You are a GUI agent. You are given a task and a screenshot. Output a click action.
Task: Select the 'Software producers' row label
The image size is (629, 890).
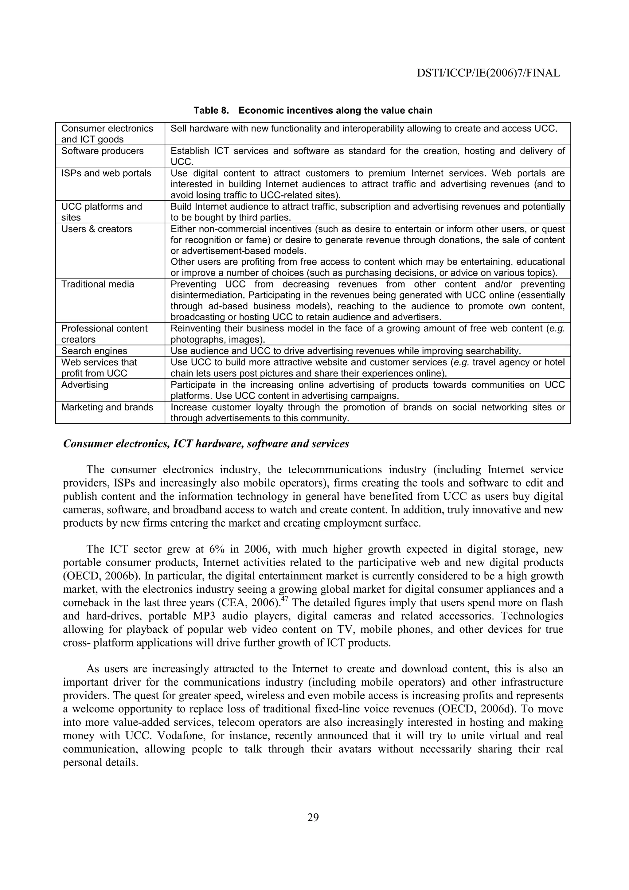(102, 151)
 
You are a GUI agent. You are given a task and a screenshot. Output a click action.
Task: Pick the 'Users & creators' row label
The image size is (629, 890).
(96, 229)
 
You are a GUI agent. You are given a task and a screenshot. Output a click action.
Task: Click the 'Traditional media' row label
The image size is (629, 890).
(98, 284)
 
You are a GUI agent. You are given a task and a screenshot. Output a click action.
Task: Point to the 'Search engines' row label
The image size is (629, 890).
(94, 351)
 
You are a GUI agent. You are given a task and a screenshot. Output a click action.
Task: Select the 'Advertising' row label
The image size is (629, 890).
(85, 384)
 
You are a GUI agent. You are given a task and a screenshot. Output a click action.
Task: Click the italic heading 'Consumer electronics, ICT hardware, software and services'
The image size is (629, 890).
(206, 444)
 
